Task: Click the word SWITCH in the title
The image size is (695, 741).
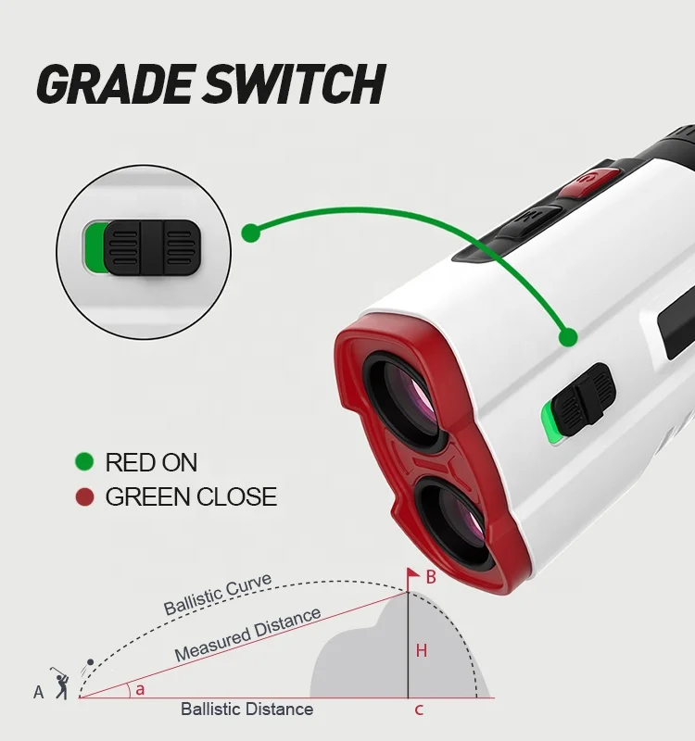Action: tap(296, 84)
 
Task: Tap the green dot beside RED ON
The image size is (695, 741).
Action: tap(85, 461)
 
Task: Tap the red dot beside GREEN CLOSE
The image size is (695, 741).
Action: tap(85, 497)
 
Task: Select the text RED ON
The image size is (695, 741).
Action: tap(151, 462)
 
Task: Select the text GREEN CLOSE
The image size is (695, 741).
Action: tap(191, 497)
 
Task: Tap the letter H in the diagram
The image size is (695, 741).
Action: tap(421, 651)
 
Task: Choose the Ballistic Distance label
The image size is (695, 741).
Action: tap(246, 710)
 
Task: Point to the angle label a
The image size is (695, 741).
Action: tap(140, 688)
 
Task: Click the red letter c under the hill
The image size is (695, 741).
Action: tap(419, 710)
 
